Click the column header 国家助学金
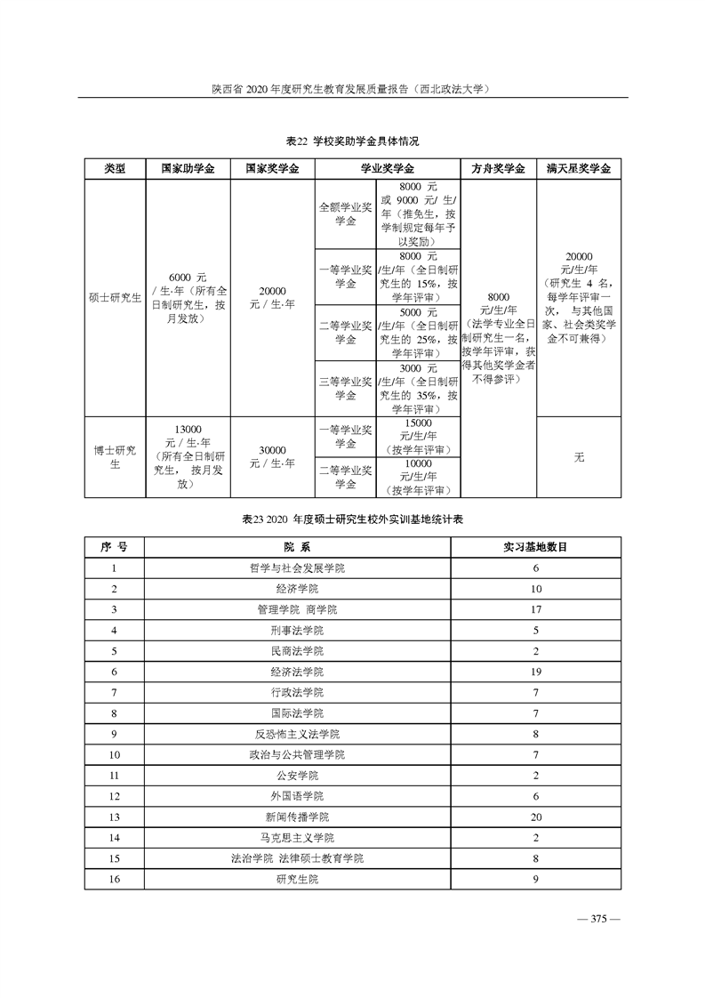tap(187, 169)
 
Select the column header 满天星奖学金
tap(579, 169)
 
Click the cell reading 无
tap(579, 456)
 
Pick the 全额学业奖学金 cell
tap(345, 214)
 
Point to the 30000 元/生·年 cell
tap(272, 456)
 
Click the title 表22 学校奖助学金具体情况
tap(352, 142)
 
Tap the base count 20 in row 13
tap(536, 817)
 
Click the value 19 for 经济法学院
tap(536, 672)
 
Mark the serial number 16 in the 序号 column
tap(114, 879)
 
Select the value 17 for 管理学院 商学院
tap(536, 609)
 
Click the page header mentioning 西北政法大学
tap(352, 89)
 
